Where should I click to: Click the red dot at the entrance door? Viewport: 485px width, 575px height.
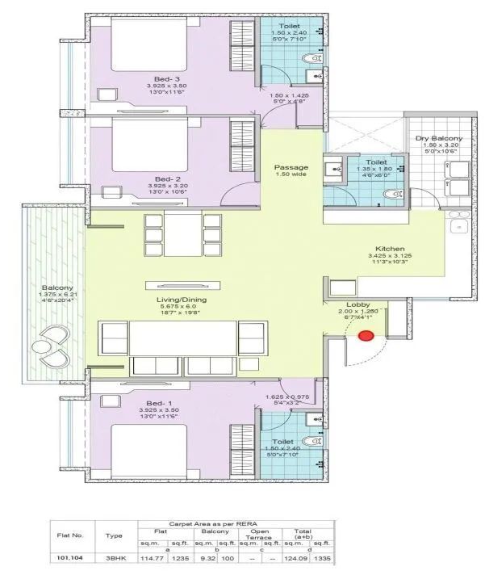(366, 336)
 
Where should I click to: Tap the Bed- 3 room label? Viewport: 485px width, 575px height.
(167, 78)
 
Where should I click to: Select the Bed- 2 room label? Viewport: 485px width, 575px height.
(167, 178)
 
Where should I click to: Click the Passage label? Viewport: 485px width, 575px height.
(291, 167)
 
